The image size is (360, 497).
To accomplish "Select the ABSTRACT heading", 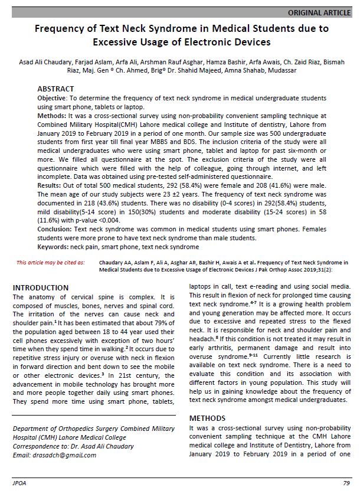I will tap(55, 89).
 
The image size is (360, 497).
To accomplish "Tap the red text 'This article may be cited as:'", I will tap(50, 261).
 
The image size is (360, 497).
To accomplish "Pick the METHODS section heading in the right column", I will tap(207, 418).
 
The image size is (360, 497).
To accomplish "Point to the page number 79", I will tap(346, 483).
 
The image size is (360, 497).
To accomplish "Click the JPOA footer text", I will tap(19, 483).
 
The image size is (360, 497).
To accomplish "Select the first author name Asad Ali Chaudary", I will tap(38, 61).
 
